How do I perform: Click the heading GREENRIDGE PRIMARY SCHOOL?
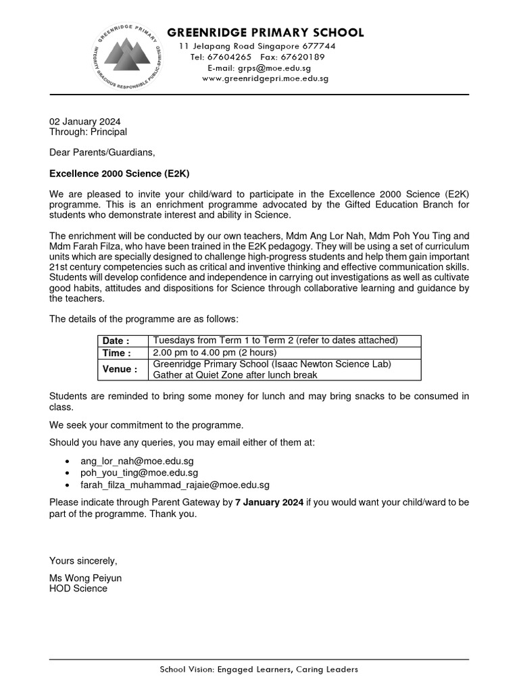(x=265, y=32)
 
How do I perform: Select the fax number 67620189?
(x=302, y=57)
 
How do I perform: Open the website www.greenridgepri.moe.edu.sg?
(x=265, y=78)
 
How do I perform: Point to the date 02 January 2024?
(x=84, y=122)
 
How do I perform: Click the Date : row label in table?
(x=116, y=341)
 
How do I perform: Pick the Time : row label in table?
(x=116, y=353)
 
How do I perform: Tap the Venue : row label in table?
(x=119, y=370)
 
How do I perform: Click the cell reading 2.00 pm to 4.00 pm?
(x=215, y=353)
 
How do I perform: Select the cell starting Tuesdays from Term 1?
(x=276, y=341)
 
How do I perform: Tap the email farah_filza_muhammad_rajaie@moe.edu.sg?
(x=175, y=485)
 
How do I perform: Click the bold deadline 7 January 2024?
(x=269, y=502)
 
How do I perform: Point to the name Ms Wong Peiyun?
(x=85, y=578)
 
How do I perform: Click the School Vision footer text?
(x=259, y=670)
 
